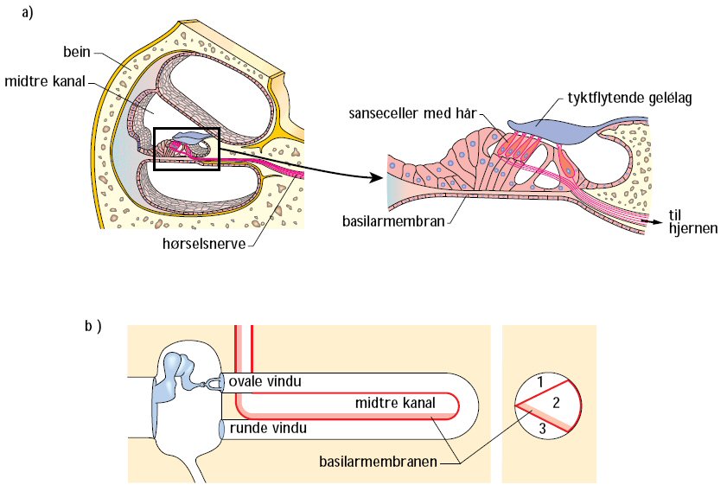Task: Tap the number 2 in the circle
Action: (558, 402)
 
